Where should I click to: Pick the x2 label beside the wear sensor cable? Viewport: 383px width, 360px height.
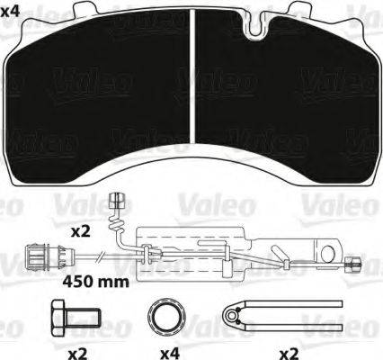(x=82, y=230)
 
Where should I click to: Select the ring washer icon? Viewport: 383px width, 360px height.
(x=165, y=318)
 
